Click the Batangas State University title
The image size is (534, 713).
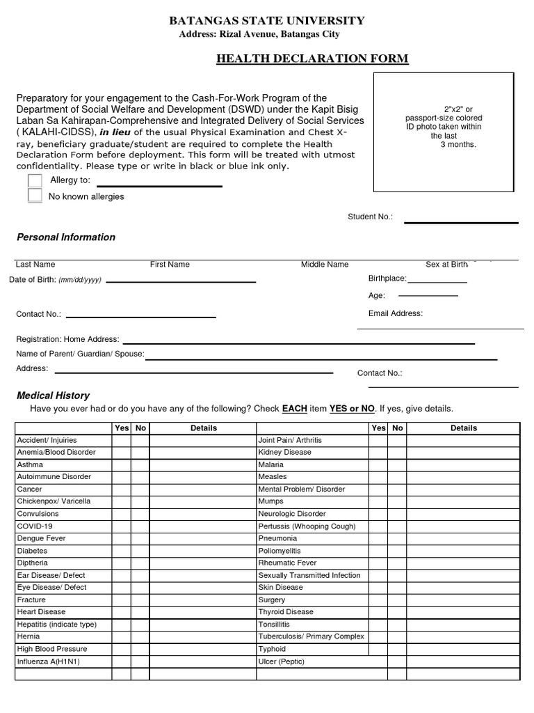pyautogui.click(x=266, y=21)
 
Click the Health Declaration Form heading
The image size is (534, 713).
pyautogui.click(x=312, y=58)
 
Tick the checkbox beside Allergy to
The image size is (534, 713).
pyautogui.click(x=35, y=180)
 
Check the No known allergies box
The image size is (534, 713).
pyautogui.click(x=35, y=196)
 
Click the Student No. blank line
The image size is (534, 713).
pyautogui.click(x=461, y=222)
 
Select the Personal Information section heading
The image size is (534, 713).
pyautogui.click(x=66, y=237)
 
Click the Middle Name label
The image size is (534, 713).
pyautogui.click(x=325, y=265)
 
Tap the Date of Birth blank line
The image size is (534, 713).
pyautogui.click(x=180, y=281)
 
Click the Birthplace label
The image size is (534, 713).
pyautogui.click(x=387, y=279)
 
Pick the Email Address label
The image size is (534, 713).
pyautogui.click(x=395, y=313)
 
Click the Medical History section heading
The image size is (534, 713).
pyautogui.click(x=53, y=395)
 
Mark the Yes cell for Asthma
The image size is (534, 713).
pyautogui.click(x=122, y=464)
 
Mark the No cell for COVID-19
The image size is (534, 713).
pyautogui.click(x=140, y=526)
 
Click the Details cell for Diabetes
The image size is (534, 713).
pyautogui.click(x=203, y=551)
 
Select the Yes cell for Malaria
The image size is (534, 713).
pyautogui.click(x=378, y=464)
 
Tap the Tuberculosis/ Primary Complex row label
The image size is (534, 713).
pyautogui.click(x=311, y=636)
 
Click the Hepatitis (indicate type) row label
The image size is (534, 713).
pyautogui.click(x=56, y=625)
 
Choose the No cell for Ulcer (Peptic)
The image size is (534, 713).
pyautogui.click(x=397, y=661)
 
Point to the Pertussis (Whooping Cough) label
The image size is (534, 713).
pyautogui.click(x=307, y=526)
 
